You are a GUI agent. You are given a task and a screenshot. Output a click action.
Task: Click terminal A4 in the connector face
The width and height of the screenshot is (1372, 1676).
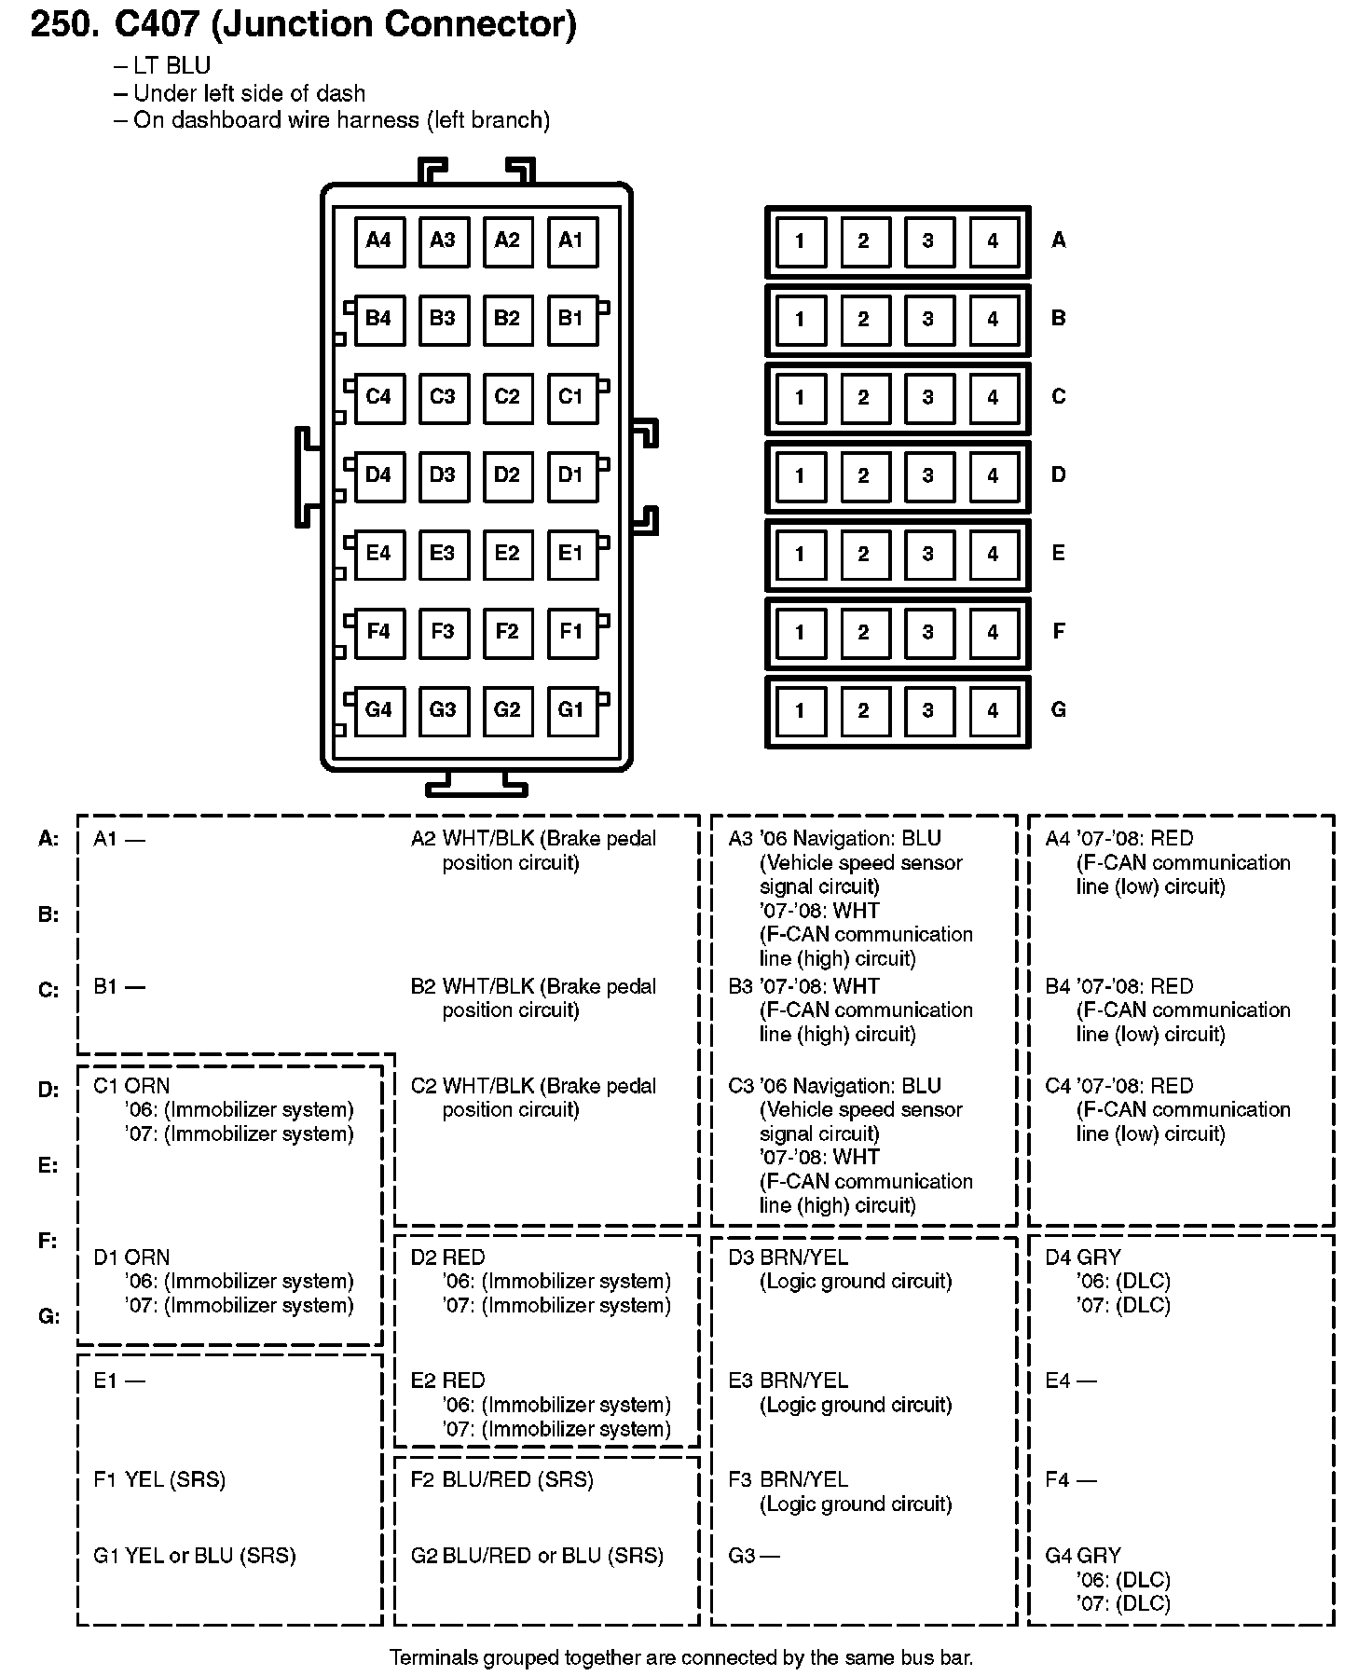(x=379, y=240)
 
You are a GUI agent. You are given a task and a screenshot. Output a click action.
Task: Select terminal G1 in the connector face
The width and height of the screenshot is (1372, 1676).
(x=571, y=710)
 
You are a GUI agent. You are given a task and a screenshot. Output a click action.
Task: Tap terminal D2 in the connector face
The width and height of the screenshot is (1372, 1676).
(x=507, y=475)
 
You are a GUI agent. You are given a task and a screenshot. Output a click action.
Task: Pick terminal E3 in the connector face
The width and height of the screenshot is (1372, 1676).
(x=443, y=554)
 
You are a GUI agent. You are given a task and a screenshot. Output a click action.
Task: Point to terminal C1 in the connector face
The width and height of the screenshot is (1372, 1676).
(x=571, y=397)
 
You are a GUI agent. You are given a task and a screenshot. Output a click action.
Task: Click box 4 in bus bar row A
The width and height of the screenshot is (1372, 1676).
(x=993, y=241)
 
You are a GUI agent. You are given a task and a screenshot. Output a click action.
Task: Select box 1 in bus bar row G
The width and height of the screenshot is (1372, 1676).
(x=800, y=711)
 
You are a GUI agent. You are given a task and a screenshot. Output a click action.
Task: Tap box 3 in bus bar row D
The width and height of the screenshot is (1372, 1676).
(x=928, y=476)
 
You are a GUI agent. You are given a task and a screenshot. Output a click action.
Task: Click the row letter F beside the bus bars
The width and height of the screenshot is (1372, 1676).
(x=1058, y=632)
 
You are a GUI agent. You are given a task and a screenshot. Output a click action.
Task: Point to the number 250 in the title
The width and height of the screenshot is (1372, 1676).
(x=64, y=25)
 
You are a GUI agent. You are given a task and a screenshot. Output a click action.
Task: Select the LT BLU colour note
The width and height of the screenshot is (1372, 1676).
(x=171, y=65)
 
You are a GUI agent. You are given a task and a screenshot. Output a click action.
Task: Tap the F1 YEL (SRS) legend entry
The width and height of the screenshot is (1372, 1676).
(x=159, y=1479)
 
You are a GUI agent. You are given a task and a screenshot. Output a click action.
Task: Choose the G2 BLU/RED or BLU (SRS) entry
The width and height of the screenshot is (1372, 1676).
(x=537, y=1556)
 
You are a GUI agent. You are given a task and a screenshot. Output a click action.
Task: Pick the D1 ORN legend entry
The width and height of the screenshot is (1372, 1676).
(x=131, y=1257)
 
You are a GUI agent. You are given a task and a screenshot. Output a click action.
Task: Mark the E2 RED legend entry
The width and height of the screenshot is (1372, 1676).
(x=448, y=1381)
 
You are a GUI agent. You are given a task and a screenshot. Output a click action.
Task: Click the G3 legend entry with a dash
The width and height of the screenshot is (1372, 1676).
(x=754, y=1556)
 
